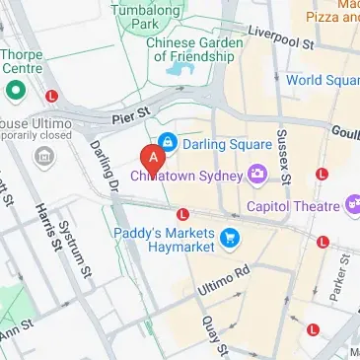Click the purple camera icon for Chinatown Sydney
tap(257, 174)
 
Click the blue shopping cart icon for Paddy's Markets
tap(230, 237)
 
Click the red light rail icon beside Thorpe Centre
tap(51, 96)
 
